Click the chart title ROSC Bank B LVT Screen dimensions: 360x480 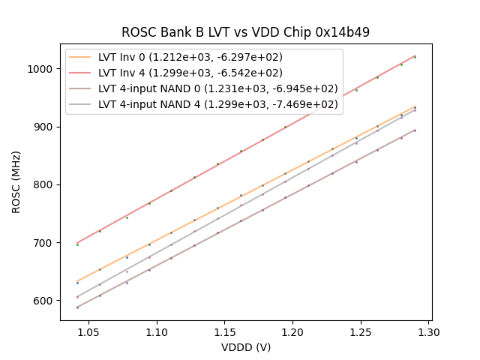click(245, 32)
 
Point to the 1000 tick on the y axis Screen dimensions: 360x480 click(44, 69)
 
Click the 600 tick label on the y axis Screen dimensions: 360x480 click(46, 301)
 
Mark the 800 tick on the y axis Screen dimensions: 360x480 click(46, 184)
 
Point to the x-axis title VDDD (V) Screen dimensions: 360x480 click(245, 347)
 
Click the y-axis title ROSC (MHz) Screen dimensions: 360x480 click(16, 182)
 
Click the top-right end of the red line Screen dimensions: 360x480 click(415, 56)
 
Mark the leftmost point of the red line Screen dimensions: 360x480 click(76, 243)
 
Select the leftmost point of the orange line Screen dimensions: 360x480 click(76, 281)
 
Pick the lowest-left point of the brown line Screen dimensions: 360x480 click(76, 307)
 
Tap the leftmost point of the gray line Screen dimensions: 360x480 click(76, 297)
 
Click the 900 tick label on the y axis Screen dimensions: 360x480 click(46, 127)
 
